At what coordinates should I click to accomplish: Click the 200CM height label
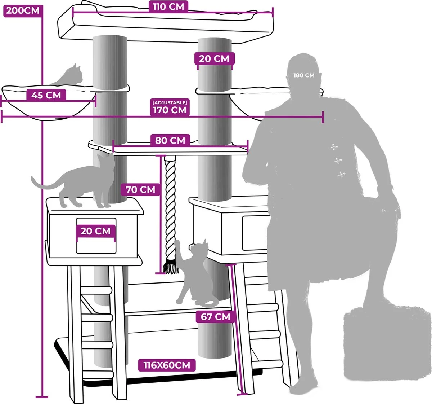23,10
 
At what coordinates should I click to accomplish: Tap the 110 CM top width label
168,7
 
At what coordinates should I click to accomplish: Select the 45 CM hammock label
46,95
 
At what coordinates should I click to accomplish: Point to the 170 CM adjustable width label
170,110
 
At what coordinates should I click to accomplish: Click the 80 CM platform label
170,140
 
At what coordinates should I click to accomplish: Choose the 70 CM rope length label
140,189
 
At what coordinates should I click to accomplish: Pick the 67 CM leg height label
215,317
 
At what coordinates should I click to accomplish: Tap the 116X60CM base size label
167,365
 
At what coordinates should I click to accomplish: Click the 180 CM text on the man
304,75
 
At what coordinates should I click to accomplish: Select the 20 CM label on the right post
214,58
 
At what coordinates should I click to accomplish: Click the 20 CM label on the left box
95,231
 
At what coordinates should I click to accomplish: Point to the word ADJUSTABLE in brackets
170,103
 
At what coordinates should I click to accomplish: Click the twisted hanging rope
170,209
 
